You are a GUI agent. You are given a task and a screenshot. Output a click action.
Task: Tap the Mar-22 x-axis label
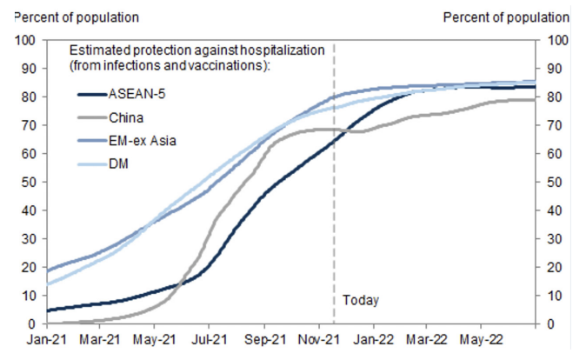coord(433,338)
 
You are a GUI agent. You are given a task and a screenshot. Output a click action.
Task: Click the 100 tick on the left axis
coord(23,40)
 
